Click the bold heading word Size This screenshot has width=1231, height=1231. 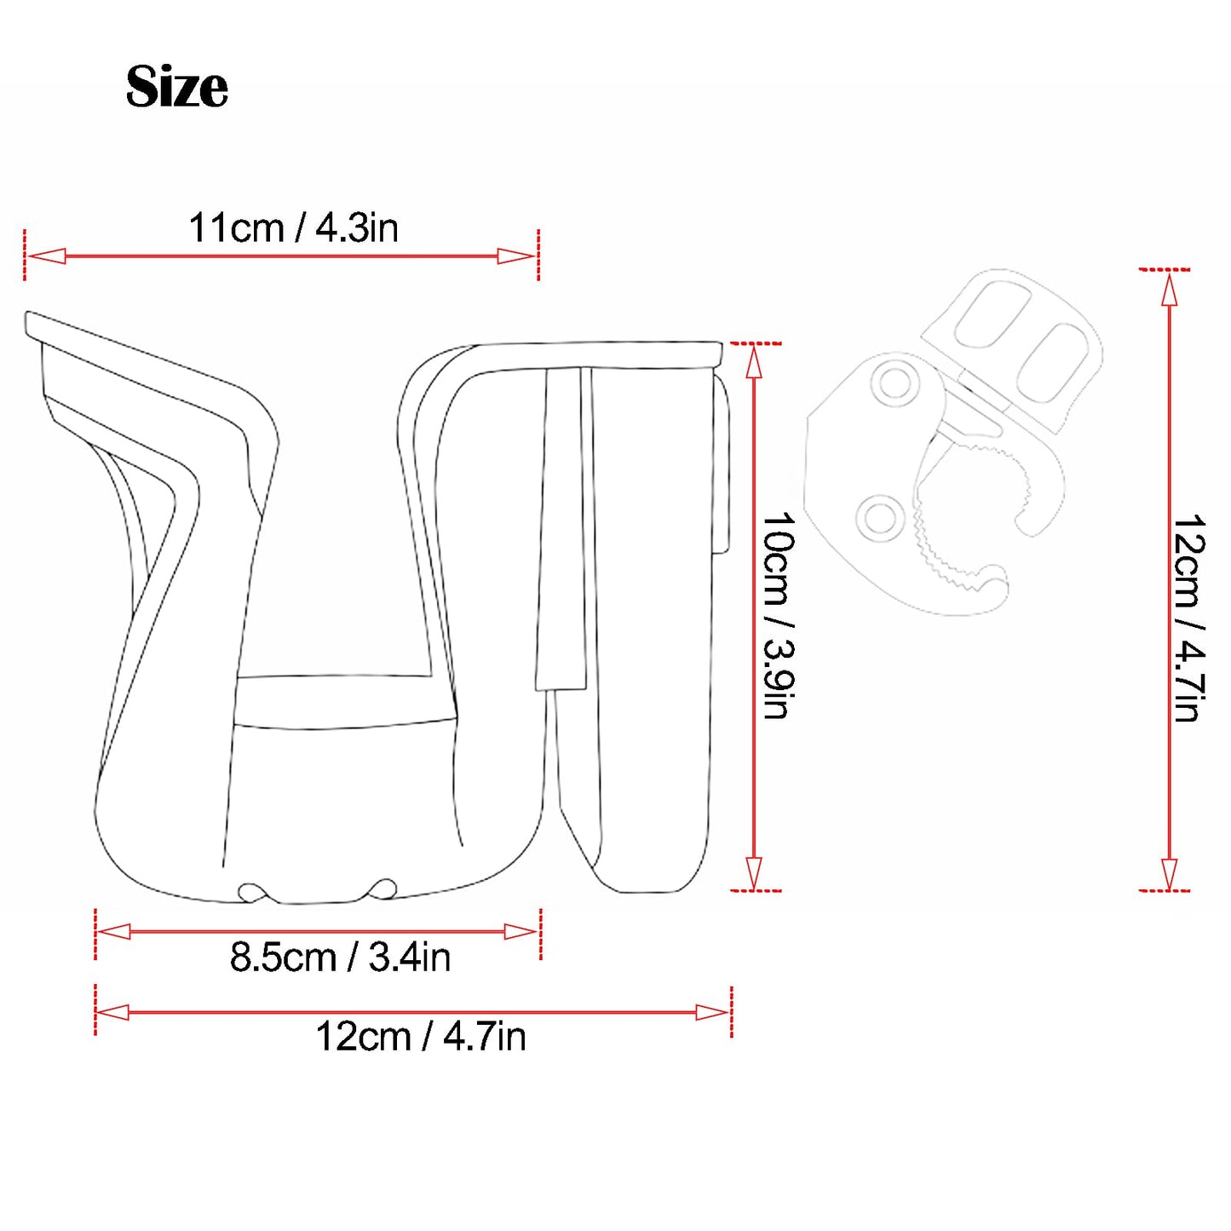pos(176,87)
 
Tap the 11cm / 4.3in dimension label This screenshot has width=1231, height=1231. pos(293,228)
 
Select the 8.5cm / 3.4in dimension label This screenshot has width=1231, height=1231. pos(340,958)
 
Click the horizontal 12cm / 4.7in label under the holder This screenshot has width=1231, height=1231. pos(420,1037)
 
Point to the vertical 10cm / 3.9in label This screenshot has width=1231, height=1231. pos(778,615)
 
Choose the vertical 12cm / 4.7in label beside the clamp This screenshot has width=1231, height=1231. pos(1189,618)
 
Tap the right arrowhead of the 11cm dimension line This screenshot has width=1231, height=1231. pos(516,256)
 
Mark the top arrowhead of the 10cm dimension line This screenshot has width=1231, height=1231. pos(754,362)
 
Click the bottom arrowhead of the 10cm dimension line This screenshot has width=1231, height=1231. pos(754,872)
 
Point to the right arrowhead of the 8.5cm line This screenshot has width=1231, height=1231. pos(521,932)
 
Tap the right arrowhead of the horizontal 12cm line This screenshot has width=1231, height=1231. pos(712,1012)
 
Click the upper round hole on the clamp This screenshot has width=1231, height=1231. pos(894,383)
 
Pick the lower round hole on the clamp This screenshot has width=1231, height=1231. pos(880,517)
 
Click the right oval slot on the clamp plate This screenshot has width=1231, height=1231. pos(1052,362)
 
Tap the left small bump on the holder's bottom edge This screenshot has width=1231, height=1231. pos(250,892)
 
